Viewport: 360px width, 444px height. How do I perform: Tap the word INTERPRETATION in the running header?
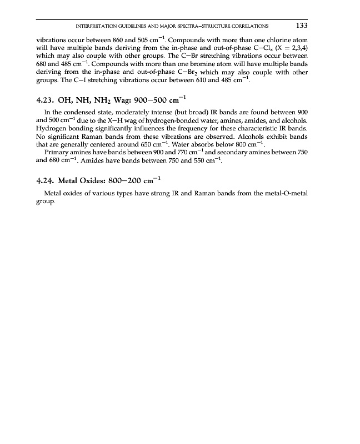89,26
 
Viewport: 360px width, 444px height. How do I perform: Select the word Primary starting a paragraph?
56,153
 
